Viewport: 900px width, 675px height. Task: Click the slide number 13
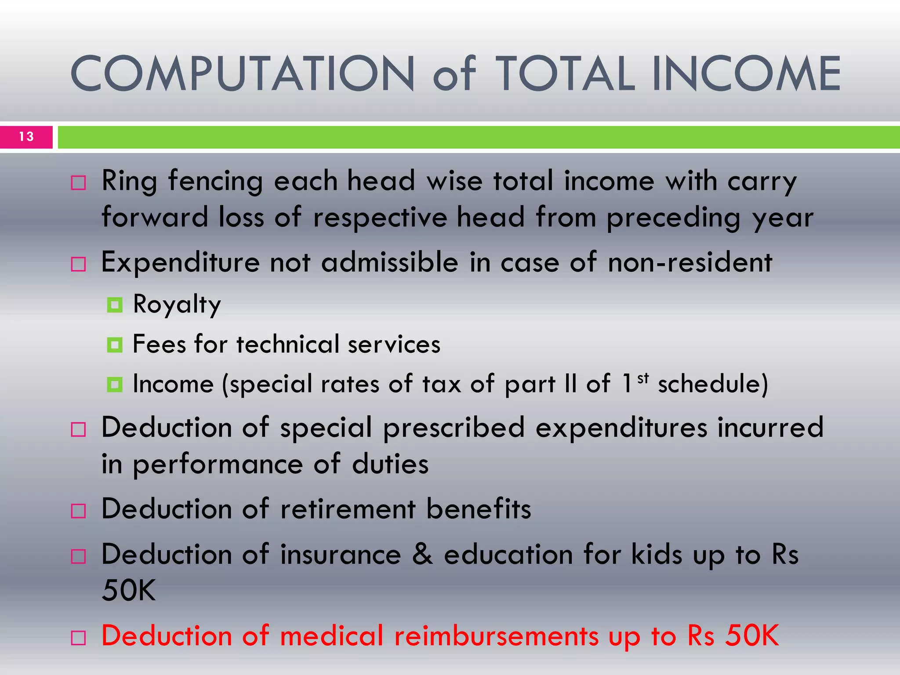[x=26, y=137]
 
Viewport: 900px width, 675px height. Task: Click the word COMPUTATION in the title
[x=242, y=74]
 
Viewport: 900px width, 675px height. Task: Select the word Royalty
[x=177, y=304]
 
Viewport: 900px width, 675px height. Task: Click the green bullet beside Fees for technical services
[x=115, y=345]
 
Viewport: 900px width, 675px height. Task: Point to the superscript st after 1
[x=643, y=378]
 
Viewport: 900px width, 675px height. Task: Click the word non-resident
[x=690, y=262]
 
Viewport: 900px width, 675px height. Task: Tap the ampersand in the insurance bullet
[x=422, y=554]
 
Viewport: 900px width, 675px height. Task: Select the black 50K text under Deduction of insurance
[x=129, y=590]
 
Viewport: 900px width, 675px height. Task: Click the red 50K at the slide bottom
[x=752, y=635]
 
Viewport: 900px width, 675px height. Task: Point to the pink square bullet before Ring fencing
[x=78, y=182]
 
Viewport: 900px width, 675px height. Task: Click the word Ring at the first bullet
[x=129, y=181]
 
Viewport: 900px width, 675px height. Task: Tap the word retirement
[x=348, y=509]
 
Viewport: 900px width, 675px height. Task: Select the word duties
[x=390, y=464]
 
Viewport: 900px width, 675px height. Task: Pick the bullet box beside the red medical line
[x=78, y=638]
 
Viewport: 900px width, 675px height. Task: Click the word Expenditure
[x=181, y=262]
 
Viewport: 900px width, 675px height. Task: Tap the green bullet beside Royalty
[x=115, y=305]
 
